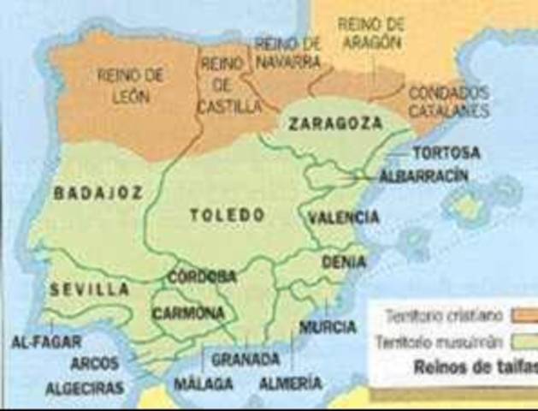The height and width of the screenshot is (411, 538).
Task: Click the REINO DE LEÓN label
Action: tap(130, 86)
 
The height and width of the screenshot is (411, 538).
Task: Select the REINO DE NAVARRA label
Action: tap(287, 53)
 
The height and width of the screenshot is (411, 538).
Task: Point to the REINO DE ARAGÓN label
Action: tap(370, 33)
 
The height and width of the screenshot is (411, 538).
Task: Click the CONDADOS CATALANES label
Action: tap(448, 101)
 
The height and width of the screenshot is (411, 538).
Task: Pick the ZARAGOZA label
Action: tap(334, 123)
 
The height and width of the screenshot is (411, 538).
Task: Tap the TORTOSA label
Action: tap(446, 153)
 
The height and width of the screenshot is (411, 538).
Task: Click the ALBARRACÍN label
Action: tap(424, 176)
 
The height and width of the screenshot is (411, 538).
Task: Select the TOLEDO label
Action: tap(228, 215)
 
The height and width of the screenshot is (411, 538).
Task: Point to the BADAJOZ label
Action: tap(98, 194)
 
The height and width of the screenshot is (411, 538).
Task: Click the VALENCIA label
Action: tap(344, 217)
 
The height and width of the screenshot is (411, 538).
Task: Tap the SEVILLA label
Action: tap(89, 289)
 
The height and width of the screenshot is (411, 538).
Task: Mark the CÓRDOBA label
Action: tap(202, 277)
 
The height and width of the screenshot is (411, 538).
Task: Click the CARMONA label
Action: tap(188, 313)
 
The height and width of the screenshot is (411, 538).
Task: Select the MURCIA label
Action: tap(328, 326)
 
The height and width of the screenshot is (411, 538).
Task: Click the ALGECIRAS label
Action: tap(84, 388)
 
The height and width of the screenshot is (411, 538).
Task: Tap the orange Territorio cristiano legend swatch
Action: tap(523, 315)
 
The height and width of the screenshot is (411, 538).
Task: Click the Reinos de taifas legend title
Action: tap(476, 368)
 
